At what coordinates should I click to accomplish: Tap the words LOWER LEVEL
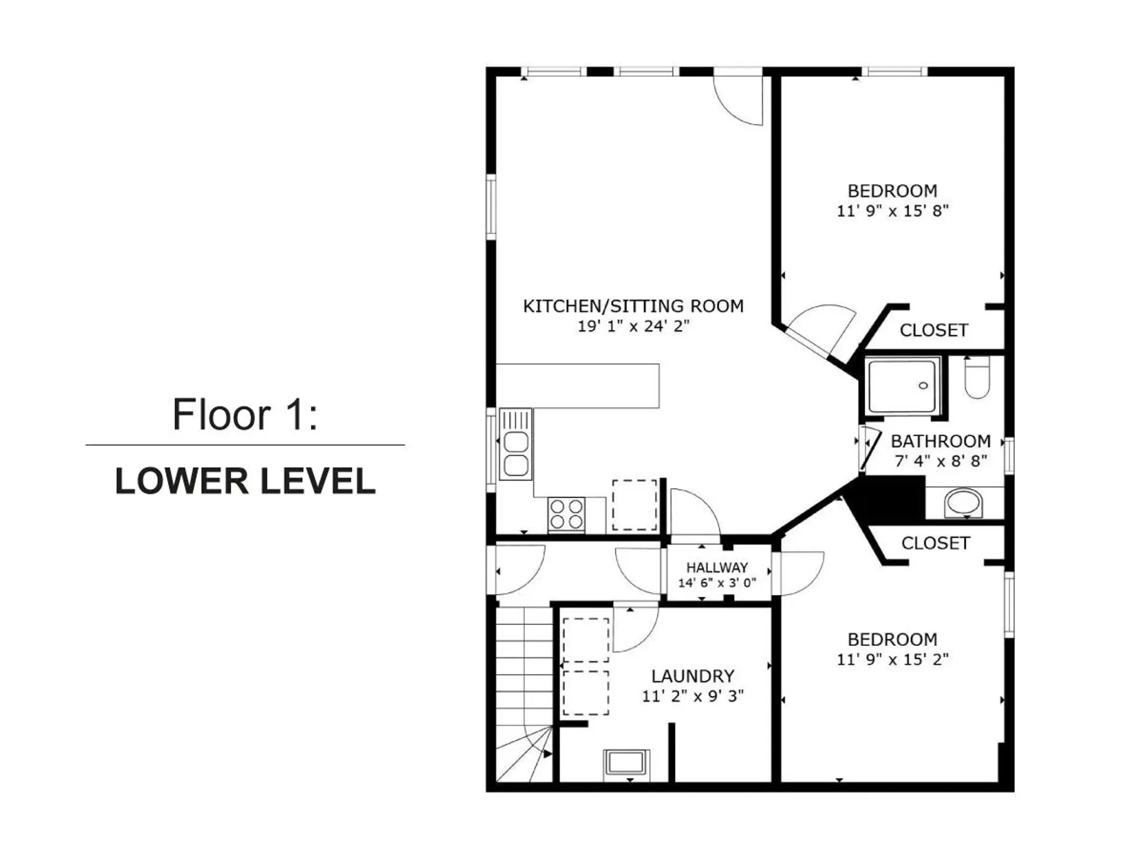(x=245, y=481)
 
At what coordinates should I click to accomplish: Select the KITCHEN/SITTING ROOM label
(x=633, y=306)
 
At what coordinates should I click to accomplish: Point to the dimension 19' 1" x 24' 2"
(x=633, y=326)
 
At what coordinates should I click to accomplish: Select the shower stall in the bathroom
(x=902, y=386)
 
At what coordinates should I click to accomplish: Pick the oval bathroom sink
(x=963, y=502)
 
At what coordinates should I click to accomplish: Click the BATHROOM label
(x=940, y=442)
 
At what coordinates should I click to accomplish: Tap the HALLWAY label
(x=717, y=567)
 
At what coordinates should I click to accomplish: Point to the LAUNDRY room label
(x=692, y=676)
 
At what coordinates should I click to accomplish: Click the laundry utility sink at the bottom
(x=626, y=763)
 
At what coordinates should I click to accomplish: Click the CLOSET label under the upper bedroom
(x=933, y=330)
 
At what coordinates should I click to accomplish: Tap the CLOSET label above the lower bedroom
(x=935, y=543)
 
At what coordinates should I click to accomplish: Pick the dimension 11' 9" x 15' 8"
(x=892, y=211)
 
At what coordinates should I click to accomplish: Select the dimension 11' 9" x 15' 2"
(x=892, y=660)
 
